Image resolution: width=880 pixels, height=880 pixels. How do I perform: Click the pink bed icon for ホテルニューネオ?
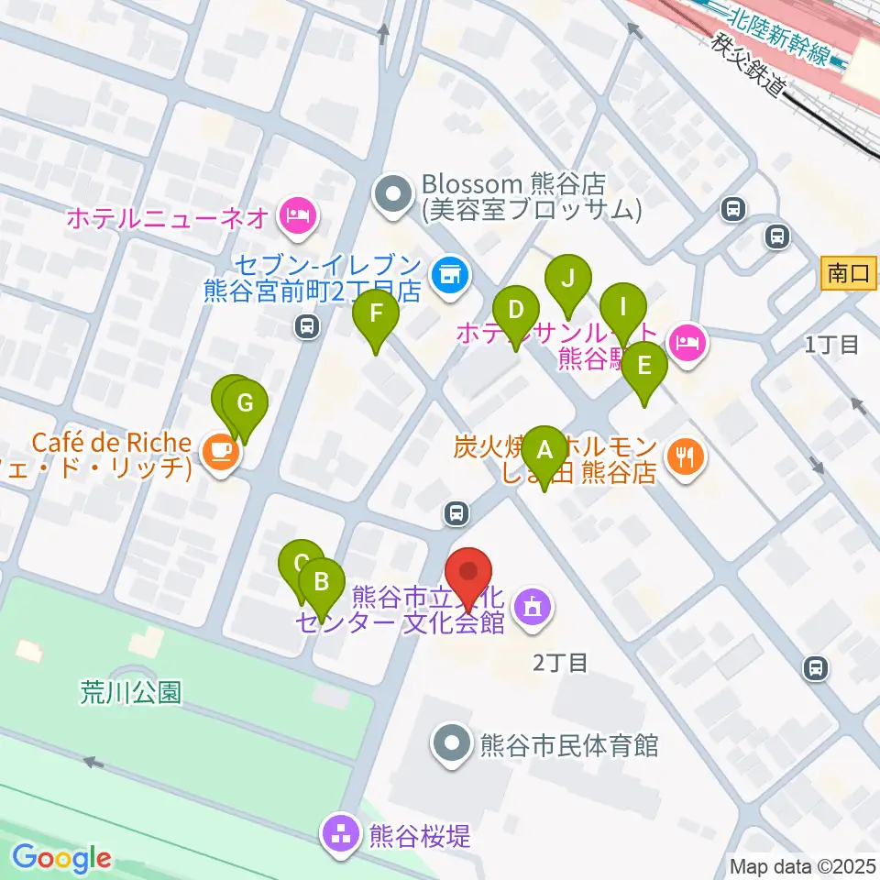[299, 217]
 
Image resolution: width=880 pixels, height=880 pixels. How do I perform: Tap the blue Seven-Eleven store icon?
[448, 273]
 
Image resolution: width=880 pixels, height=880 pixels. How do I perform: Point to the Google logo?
[62, 859]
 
